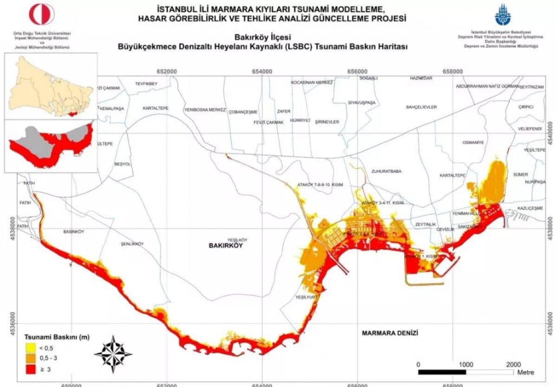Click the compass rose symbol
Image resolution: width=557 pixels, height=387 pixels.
coord(113,355)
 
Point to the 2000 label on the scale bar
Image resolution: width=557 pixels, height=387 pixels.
coord(513,364)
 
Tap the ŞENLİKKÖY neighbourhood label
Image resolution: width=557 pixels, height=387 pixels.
coord(132,244)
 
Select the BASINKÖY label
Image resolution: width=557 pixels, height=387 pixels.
coord(73,231)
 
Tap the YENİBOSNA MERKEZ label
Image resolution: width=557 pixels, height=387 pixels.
coord(205,110)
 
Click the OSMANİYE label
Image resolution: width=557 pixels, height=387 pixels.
coord(473,142)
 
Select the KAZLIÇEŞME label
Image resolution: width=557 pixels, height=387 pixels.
coord(529,209)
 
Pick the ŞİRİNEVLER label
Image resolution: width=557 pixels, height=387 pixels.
coord(327,122)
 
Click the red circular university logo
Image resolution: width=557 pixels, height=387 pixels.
coord(42,14)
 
